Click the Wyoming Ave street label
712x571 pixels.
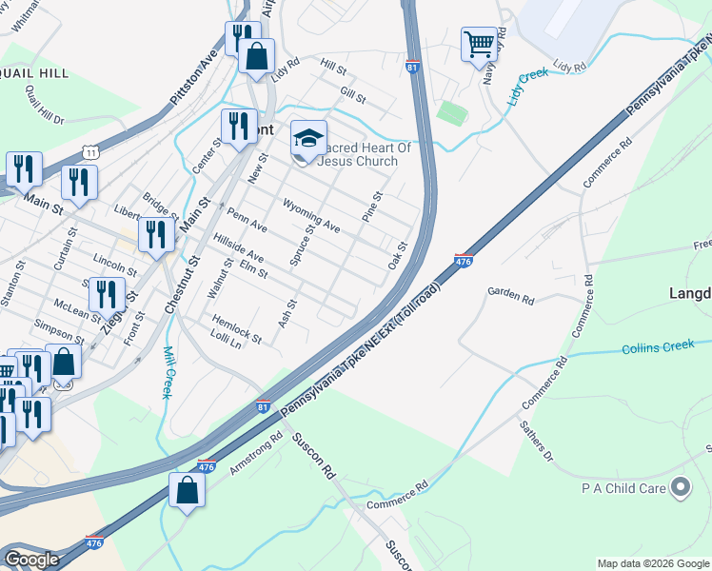point(311,216)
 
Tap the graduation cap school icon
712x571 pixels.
point(308,140)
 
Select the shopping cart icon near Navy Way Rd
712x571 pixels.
point(480,44)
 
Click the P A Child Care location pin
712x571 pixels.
point(681,488)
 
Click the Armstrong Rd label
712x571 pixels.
point(256,455)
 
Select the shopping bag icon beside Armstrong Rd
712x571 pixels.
point(188,491)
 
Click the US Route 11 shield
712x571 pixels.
point(89,151)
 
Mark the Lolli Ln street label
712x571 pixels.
point(226,339)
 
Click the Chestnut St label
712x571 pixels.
point(182,285)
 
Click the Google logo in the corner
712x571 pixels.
point(30,560)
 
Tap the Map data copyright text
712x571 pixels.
point(652,563)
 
